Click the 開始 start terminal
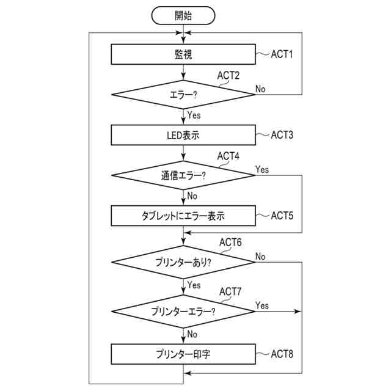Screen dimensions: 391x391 coord(183,15)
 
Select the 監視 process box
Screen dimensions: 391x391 coord(183,54)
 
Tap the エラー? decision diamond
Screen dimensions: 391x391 coord(183,94)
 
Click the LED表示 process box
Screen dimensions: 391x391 coord(183,134)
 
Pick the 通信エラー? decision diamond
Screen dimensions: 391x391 coord(183,175)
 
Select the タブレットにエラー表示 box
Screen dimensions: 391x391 coord(183,215)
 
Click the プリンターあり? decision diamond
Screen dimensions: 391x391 coord(183,262)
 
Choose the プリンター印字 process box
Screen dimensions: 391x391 coord(183,354)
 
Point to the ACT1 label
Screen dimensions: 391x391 coord(282,54)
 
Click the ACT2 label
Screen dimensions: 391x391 coord(228,75)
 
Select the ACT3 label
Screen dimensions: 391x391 coord(282,134)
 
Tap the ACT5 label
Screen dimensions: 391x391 coord(282,215)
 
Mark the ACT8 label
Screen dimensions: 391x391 coord(282,354)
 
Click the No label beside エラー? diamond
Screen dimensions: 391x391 coord(260,89)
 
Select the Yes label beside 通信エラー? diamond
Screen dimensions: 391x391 coord(262,169)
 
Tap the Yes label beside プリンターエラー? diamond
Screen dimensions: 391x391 coord(262,305)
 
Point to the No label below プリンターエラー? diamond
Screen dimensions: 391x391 coord(192,334)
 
